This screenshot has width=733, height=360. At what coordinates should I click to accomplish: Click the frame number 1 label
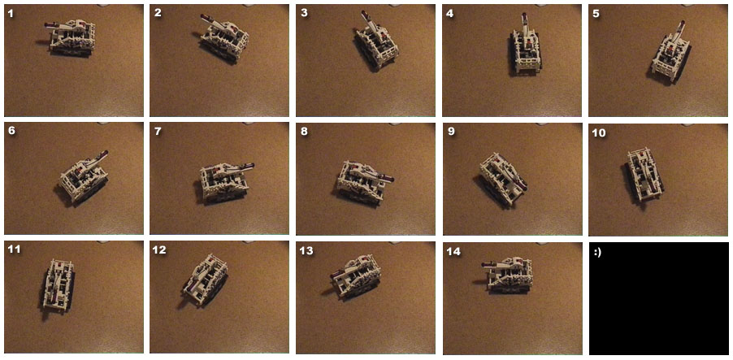pos(11,14)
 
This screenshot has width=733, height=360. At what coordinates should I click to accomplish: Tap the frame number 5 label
pos(596,14)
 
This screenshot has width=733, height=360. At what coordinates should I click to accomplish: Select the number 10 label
pos(599,133)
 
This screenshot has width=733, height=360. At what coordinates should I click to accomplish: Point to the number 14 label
pos(453,252)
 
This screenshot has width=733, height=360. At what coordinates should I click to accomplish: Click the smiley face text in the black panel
pos(597,252)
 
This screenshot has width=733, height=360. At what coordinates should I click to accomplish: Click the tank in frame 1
pos(71,38)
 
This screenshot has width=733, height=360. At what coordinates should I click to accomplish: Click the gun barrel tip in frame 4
pos(524,15)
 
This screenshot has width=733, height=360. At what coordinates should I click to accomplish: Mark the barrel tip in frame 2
pos(203,17)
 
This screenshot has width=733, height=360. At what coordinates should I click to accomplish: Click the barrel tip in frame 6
pos(106,153)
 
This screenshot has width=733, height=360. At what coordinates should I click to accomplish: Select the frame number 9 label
pos(451,132)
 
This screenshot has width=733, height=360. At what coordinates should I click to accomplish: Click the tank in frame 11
pos(58,284)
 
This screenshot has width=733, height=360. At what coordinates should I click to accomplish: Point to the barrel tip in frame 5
pos(682,23)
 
